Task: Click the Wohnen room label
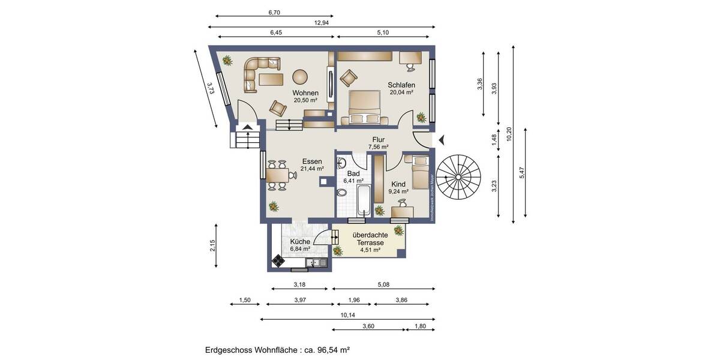click(x=305, y=93)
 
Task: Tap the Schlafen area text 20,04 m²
click(x=401, y=92)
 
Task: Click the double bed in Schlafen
click(x=365, y=107)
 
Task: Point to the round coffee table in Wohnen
click(x=300, y=77)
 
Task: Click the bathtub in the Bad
click(x=365, y=200)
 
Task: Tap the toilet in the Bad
click(x=342, y=193)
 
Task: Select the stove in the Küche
click(x=278, y=260)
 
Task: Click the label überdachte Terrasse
click(x=368, y=239)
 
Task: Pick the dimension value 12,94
click(x=322, y=22)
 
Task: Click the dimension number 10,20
click(x=509, y=134)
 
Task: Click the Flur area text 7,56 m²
click(x=378, y=146)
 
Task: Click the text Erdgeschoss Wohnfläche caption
click(x=277, y=349)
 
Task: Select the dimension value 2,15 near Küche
click(x=212, y=245)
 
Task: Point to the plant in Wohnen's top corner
click(x=227, y=60)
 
